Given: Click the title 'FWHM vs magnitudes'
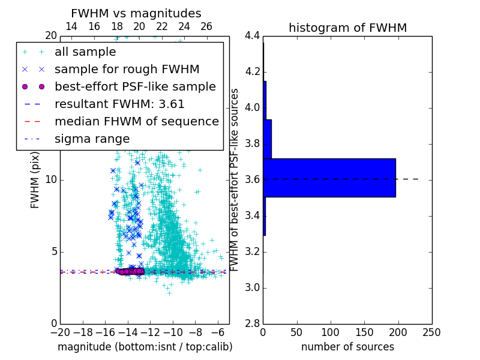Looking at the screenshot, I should tap(136, 14).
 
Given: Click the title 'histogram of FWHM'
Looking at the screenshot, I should tap(347, 28).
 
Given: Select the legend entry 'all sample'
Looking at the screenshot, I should tap(85, 52).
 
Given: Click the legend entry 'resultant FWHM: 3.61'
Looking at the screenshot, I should tap(119, 104).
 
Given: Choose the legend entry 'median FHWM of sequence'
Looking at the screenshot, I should tap(136, 122).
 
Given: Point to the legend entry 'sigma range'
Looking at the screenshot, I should tap(92, 139).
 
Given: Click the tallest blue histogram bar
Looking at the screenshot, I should tap(329, 178).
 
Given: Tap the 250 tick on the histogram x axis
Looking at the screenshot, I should tap(431, 332).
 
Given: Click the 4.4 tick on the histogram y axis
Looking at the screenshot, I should tap(252, 36).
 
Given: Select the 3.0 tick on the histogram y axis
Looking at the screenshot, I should tap(252, 288).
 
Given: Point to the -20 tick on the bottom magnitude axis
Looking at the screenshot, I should tap(60, 332).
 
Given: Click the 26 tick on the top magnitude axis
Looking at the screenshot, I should tap(206, 26).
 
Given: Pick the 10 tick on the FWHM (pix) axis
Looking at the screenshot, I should tap(51, 180).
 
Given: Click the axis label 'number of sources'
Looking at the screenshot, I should tap(347, 347).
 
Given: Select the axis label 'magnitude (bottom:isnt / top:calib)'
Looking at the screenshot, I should tap(145, 347).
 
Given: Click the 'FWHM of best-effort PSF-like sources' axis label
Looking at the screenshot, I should tap(235, 179).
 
